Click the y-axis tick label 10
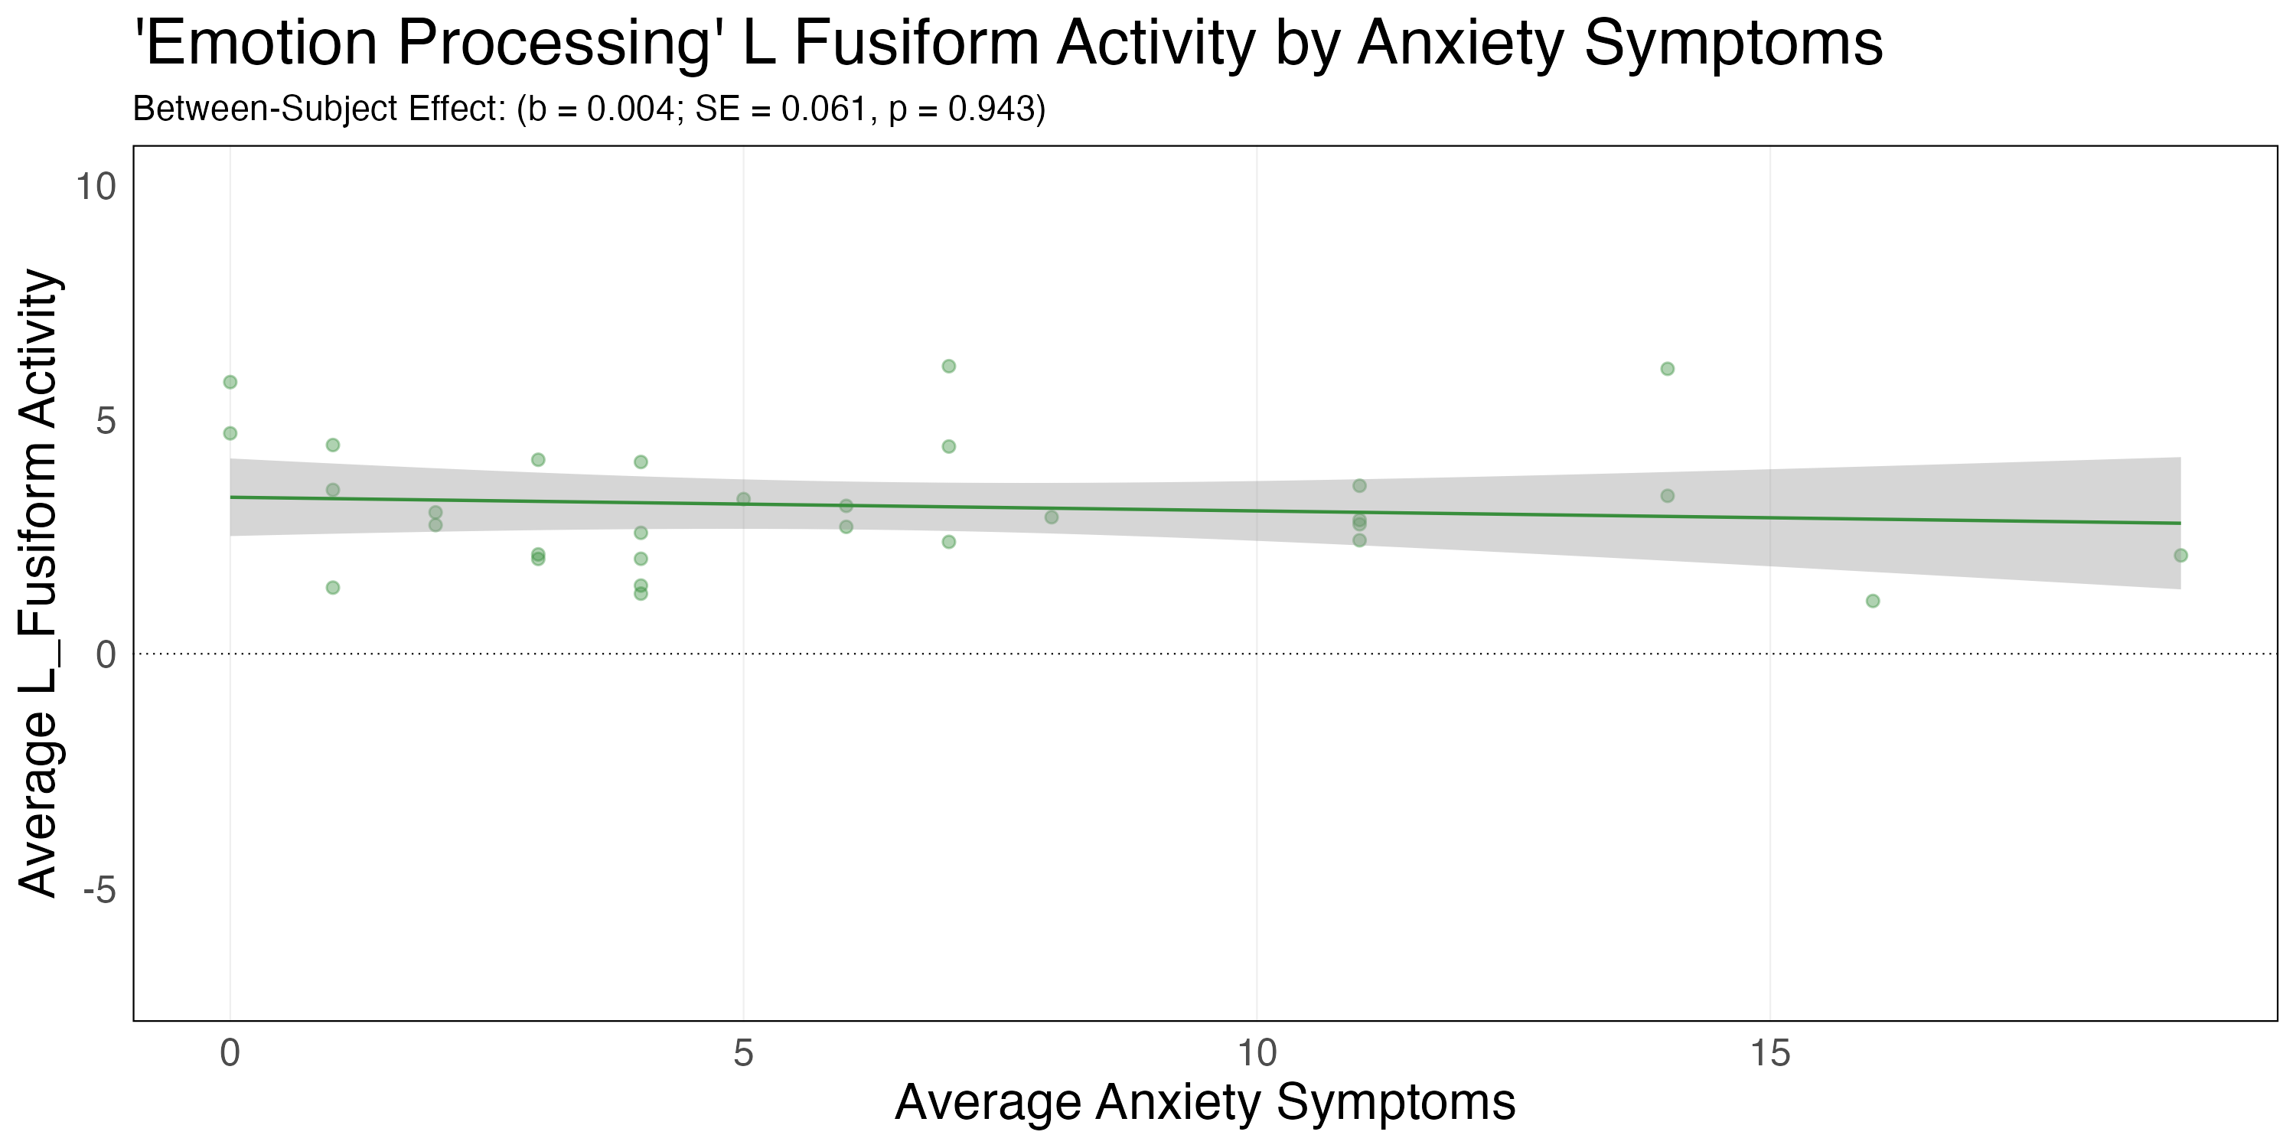coord(96,188)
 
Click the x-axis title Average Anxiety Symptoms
coord(1205,1103)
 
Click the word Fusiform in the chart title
coord(915,43)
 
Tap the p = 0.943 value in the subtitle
coord(967,109)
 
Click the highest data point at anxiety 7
coord(948,367)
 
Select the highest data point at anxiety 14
coord(1667,369)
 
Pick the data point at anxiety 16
coord(1873,601)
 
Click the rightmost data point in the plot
coord(2180,556)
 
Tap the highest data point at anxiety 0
coord(230,383)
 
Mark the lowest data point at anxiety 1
coord(332,587)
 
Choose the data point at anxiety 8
coord(1051,517)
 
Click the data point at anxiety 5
coord(743,499)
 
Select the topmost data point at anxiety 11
coord(1359,486)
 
